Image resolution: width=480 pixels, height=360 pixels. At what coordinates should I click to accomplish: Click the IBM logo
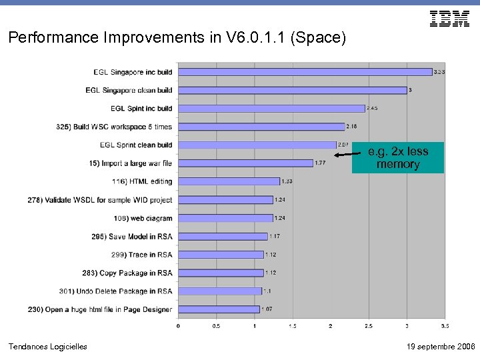tap(449, 19)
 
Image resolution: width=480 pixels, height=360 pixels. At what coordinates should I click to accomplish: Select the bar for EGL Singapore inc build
tap(305, 72)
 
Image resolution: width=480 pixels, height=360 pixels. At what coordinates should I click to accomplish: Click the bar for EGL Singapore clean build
tap(292, 90)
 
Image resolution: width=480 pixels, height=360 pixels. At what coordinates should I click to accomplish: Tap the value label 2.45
tap(372, 108)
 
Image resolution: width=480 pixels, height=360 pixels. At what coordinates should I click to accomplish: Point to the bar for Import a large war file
tap(245, 163)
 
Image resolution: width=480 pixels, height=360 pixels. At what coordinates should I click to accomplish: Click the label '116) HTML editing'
tap(142, 181)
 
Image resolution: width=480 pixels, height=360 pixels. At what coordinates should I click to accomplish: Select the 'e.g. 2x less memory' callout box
tap(398, 158)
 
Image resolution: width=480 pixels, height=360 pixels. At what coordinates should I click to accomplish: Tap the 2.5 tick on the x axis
tap(369, 326)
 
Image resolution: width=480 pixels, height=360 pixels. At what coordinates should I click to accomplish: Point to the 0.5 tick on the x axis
tap(216, 326)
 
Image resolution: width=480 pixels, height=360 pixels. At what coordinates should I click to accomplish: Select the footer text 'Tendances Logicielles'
tap(47, 346)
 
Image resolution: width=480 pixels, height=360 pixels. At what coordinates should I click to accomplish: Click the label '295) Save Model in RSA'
tap(132, 236)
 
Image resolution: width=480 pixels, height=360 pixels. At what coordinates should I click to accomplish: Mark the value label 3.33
tap(439, 72)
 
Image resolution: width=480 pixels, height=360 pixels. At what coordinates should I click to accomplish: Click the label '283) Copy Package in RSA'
tap(135, 273)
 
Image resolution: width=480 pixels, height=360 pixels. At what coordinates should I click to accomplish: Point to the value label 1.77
tap(320, 163)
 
